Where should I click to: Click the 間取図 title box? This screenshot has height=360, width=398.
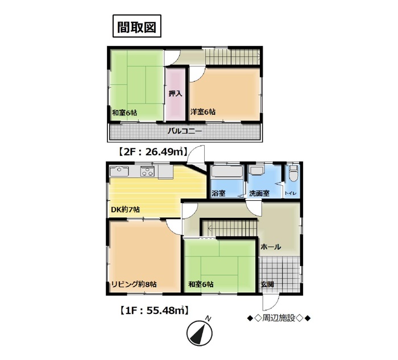coord(137,26)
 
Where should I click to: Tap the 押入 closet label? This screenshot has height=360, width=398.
coord(175,94)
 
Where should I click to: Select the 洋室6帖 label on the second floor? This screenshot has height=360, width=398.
coord(203,111)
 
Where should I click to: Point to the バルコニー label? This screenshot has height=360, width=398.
coord(185,131)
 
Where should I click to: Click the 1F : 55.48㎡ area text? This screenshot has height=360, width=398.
coord(154,310)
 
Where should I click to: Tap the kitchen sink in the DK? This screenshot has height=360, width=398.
coord(119,171)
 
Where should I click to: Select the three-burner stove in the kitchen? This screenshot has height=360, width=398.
coord(147,171)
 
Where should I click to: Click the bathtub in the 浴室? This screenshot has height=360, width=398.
coord(227,171)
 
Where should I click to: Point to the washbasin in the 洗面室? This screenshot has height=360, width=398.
coord(257,171)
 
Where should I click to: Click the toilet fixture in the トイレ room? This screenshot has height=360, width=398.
coord(293,173)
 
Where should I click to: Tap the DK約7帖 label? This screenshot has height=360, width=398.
coord(126,210)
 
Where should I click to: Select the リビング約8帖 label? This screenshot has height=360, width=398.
coord(134,284)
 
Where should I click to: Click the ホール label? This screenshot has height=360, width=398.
coord(271,246)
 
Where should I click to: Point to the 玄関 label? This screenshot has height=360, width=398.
coord(267,284)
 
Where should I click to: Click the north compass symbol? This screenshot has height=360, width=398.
coord(200,332)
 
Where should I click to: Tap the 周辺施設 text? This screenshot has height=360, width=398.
coord(279,318)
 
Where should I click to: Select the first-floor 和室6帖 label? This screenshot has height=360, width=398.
coord(201,284)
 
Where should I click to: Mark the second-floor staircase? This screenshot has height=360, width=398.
coord(233,56)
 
